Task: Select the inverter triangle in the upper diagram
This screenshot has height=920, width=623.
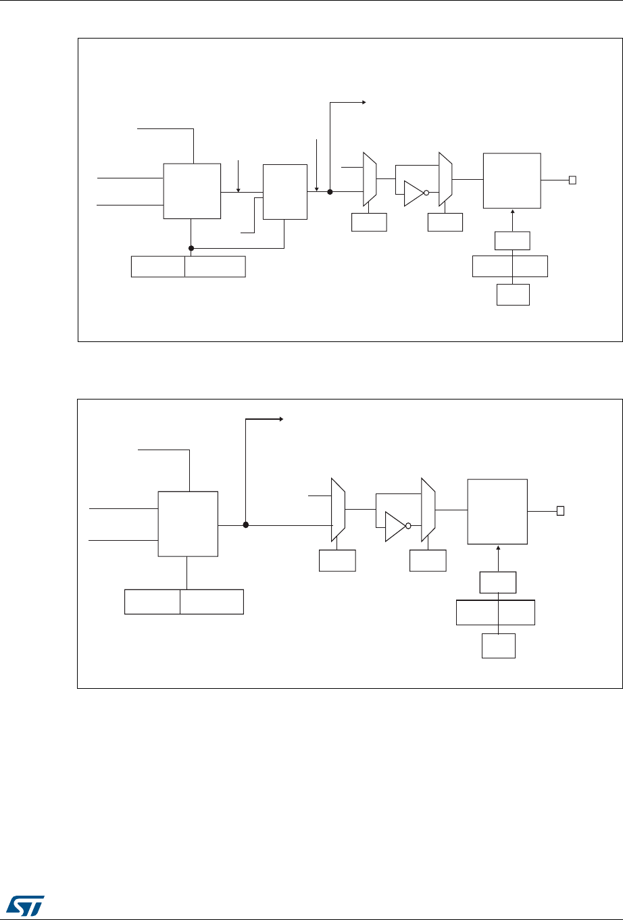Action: point(413,193)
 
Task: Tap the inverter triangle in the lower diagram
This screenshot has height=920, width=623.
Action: point(395,526)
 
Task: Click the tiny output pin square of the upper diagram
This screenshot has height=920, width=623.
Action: point(572,180)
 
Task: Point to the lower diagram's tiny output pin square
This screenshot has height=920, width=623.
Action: point(560,511)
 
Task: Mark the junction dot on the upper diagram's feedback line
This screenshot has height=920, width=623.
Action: point(191,247)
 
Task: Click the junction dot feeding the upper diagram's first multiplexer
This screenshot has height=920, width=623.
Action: point(330,192)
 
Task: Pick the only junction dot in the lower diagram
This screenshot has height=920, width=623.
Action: point(246,525)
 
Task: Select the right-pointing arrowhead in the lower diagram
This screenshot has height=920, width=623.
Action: point(280,420)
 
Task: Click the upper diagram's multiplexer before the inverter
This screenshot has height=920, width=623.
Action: point(370,179)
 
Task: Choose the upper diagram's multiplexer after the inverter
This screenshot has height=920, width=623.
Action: point(445,179)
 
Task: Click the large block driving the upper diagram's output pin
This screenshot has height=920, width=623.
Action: point(512,180)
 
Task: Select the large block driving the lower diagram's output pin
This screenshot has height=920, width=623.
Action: point(497,511)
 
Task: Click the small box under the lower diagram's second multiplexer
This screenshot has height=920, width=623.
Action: point(428,560)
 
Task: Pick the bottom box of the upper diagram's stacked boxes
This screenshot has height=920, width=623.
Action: point(513,295)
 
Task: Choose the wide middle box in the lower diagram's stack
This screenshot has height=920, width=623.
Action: point(496,612)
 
